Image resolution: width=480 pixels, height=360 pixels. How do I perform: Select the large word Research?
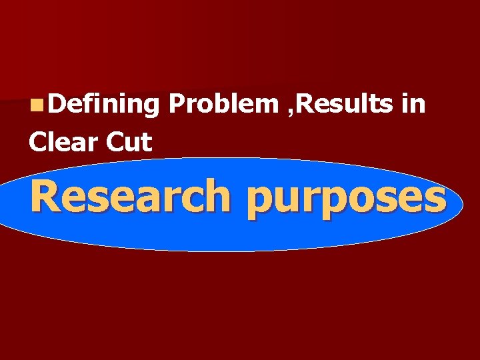click(x=128, y=197)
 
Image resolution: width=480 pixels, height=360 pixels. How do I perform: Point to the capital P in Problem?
click(x=177, y=104)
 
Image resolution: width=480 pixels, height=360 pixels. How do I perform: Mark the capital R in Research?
click(x=45, y=197)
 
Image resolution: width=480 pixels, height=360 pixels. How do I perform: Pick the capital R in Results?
click(x=305, y=104)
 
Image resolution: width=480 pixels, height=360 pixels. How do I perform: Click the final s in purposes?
click(x=435, y=200)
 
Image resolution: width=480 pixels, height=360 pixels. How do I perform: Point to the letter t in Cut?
click(x=148, y=141)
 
